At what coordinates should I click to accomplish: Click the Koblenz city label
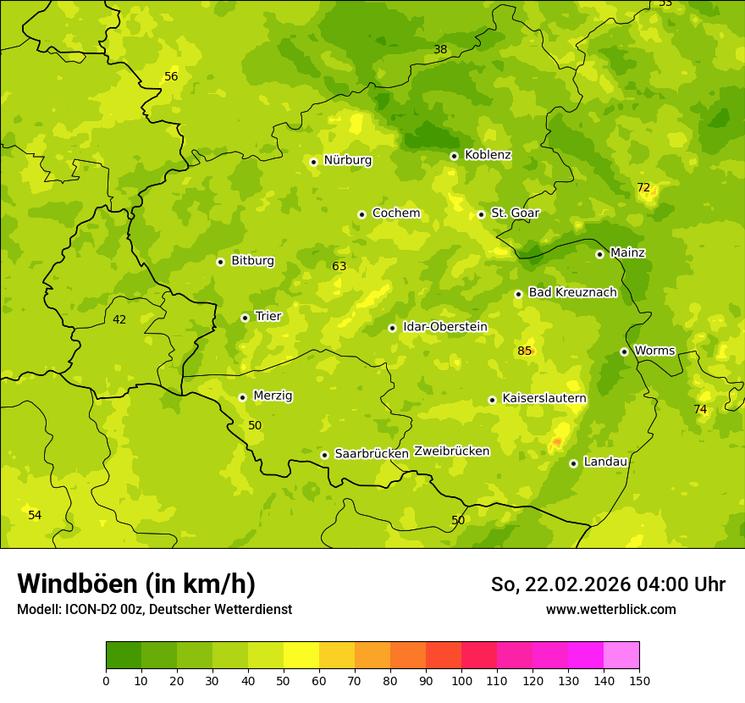[x=488, y=155]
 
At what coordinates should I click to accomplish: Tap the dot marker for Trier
[x=245, y=318]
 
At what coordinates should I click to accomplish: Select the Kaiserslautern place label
[x=544, y=398]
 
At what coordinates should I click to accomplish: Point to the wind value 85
[x=525, y=351]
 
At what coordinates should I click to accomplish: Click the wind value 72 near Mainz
[x=643, y=187]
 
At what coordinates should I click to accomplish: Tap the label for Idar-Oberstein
[x=444, y=327]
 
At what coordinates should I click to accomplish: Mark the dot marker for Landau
[x=573, y=463]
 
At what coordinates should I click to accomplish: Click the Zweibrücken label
[x=451, y=451]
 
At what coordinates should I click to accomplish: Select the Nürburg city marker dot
[x=313, y=162]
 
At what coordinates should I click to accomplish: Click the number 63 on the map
[x=339, y=266]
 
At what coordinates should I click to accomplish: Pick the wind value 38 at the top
[x=440, y=49]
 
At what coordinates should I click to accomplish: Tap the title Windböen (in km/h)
[x=136, y=584]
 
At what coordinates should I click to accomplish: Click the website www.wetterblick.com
[x=610, y=610]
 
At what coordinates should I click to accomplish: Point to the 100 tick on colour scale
[x=461, y=679]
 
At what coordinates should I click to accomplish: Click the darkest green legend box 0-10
[x=124, y=655]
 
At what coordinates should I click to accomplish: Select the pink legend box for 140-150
[x=621, y=655]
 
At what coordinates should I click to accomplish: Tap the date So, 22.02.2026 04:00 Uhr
[x=608, y=584]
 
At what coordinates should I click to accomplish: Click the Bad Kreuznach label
[x=572, y=292]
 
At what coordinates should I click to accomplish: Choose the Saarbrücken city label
[x=372, y=454]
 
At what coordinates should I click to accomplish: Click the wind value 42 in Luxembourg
[x=119, y=319]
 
